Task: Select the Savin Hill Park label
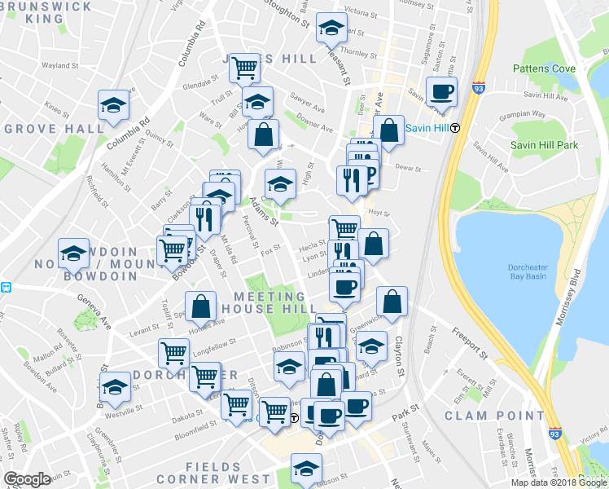click(544, 145)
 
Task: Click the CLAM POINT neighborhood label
click(493, 416)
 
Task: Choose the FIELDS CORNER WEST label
click(216, 479)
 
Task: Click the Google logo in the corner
click(27, 479)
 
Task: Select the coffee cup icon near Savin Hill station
click(441, 91)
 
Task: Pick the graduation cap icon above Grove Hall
click(113, 104)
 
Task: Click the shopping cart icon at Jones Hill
click(243, 68)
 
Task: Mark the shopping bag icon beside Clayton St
click(392, 302)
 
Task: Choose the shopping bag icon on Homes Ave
click(200, 307)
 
